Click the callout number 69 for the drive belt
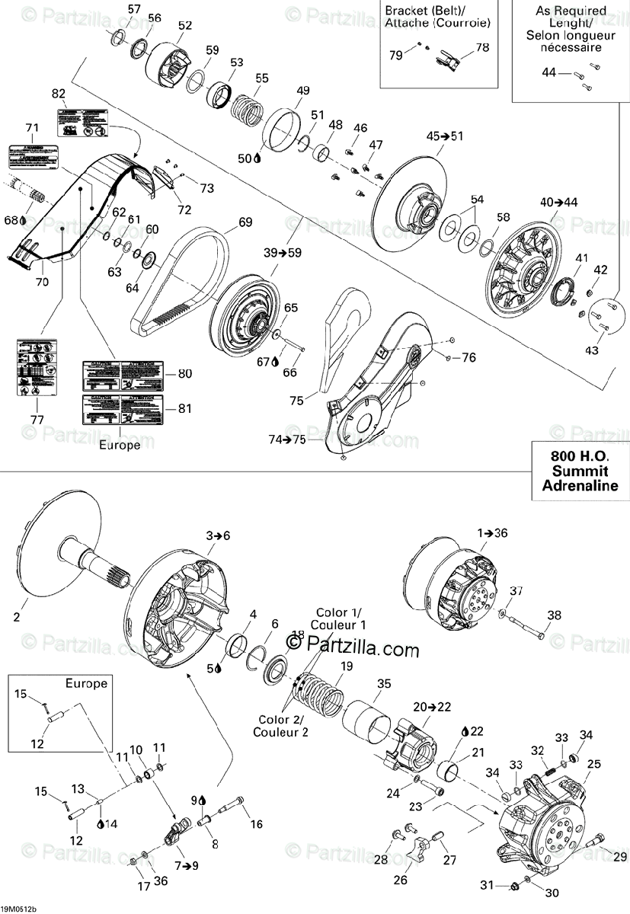point(245,222)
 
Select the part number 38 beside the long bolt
point(554,615)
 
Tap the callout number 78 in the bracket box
point(482,47)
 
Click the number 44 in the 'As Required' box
point(549,72)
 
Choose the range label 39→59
point(281,253)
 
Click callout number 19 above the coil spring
point(347,666)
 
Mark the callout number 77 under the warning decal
point(37,420)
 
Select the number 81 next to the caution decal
point(185,408)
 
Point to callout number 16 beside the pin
point(256,823)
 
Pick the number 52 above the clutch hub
point(185,25)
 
